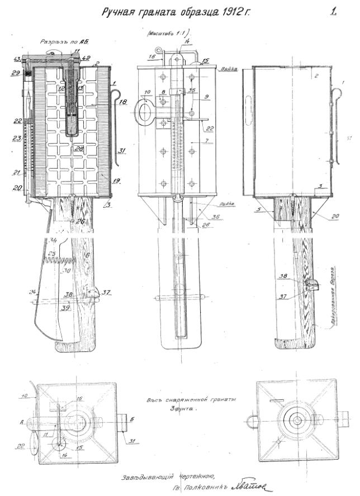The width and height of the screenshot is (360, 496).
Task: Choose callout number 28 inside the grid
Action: coord(80,149)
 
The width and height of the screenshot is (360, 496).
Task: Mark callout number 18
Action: coord(122,103)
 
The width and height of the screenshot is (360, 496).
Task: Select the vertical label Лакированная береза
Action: coord(333,293)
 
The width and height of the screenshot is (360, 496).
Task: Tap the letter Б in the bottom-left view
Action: coord(131,418)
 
